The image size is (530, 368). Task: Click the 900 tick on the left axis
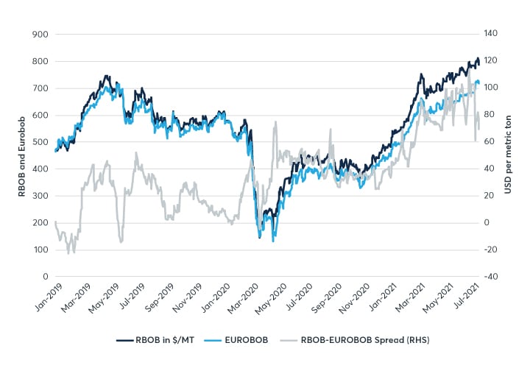pyautogui.click(x=40, y=35)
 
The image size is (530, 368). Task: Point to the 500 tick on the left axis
pyautogui.click(x=40, y=142)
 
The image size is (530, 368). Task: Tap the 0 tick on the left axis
pyautogui.click(x=45, y=277)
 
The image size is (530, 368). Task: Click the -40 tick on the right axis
pyautogui.click(x=492, y=277)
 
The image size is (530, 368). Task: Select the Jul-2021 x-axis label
pyautogui.click(x=466, y=298)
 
